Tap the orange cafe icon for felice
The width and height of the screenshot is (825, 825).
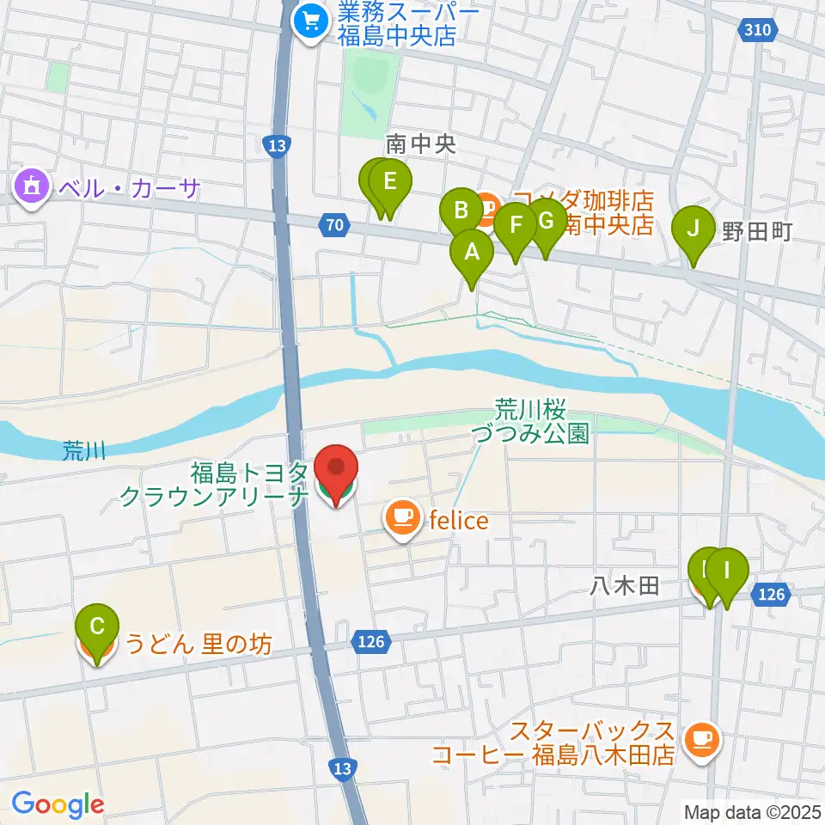(401, 517)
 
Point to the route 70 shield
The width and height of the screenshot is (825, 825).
(334, 226)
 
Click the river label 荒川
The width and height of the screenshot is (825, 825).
(84, 450)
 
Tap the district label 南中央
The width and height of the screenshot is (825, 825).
(419, 144)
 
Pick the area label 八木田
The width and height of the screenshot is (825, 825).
(624, 587)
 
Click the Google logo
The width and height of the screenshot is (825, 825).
(58, 804)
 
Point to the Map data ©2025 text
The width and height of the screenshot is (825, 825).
(753, 811)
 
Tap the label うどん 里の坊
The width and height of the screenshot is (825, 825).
(199, 644)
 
